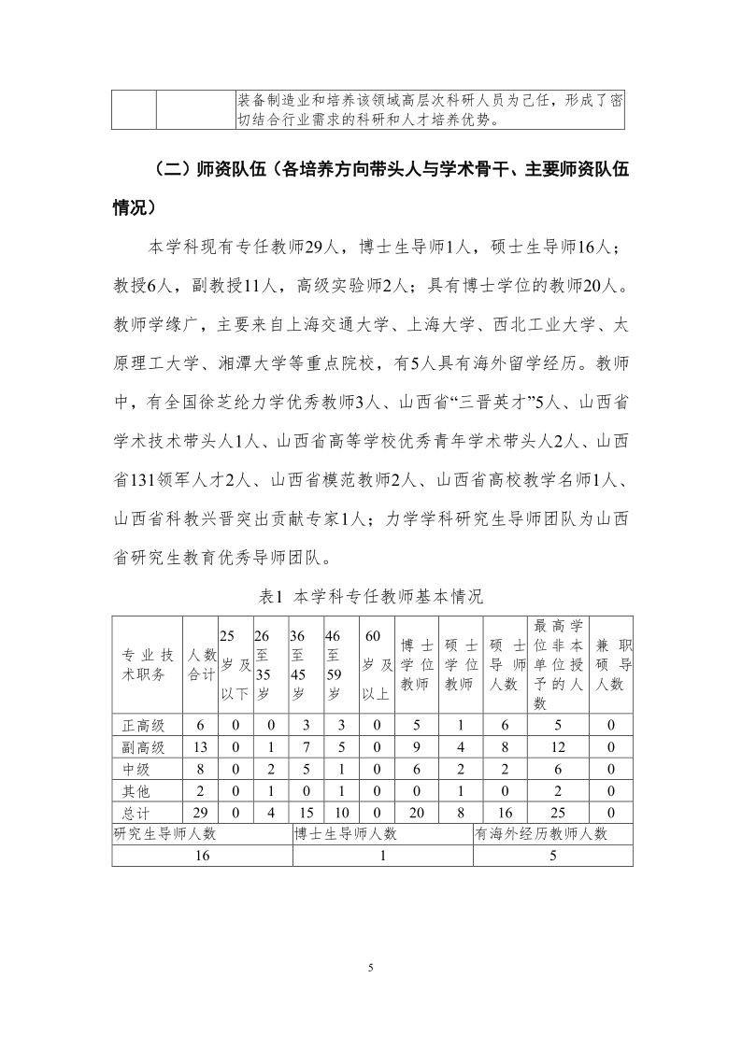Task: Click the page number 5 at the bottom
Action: (371, 967)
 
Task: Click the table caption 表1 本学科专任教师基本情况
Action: (371, 595)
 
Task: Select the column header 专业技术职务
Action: (147, 663)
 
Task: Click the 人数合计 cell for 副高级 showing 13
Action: (200, 747)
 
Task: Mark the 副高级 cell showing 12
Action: (558, 747)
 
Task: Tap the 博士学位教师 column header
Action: (417, 663)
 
